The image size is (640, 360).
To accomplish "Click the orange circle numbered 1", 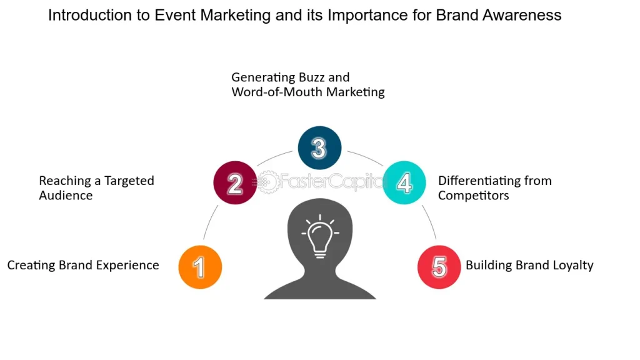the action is (200, 267).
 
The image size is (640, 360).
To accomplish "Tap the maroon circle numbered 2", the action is (235, 182).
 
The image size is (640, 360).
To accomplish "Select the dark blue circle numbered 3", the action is (319, 147).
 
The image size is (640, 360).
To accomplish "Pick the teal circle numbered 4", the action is (404, 182).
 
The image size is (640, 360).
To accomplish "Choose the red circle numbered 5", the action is (439, 267).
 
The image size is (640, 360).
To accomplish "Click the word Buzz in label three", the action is (314, 77).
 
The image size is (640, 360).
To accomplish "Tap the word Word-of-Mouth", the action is (277, 92).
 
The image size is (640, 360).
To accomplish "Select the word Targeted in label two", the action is (129, 181).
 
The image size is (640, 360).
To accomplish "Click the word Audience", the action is (66, 196).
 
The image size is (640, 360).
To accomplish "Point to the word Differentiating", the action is (476, 181).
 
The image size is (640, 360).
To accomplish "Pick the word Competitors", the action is (474, 196).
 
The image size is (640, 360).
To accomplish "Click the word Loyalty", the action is (574, 265).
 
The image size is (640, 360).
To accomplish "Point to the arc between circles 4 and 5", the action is (430, 222).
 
